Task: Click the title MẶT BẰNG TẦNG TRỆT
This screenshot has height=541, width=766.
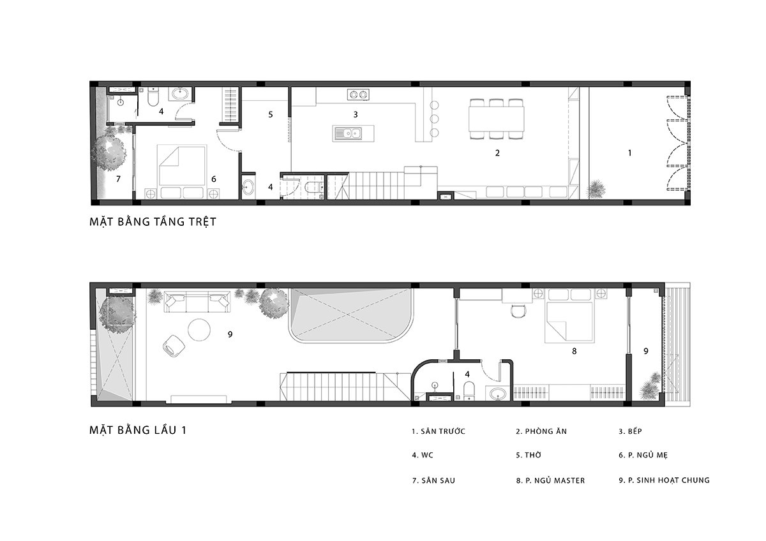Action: (153, 222)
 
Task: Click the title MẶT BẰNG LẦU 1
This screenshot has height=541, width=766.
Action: (138, 430)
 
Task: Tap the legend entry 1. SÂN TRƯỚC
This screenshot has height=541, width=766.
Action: (439, 431)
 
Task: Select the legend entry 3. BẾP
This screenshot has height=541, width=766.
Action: (630, 431)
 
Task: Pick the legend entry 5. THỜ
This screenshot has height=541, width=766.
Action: (529, 455)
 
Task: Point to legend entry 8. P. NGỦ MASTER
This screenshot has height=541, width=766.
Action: (550, 480)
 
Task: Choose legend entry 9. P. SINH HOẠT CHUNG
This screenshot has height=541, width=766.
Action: (664, 480)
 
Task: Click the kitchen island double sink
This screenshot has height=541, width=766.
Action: (348, 133)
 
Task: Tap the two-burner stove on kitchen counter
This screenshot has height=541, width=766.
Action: (358, 94)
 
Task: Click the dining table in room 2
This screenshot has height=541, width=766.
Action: (497, 119)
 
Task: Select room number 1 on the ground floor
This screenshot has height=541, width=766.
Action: (629, 152)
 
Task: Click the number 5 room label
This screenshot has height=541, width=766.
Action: (271, 114)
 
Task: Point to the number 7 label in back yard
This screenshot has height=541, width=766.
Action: (118, 179)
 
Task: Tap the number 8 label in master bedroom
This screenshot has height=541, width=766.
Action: (574, 351)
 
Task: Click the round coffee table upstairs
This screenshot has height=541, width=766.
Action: (199, 330)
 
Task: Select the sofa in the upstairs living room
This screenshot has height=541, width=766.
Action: (197, 302)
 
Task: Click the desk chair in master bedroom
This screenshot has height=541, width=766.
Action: (517, 311)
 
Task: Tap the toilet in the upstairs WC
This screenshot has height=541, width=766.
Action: (469, 390)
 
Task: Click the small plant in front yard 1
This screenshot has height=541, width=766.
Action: (597, 189)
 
